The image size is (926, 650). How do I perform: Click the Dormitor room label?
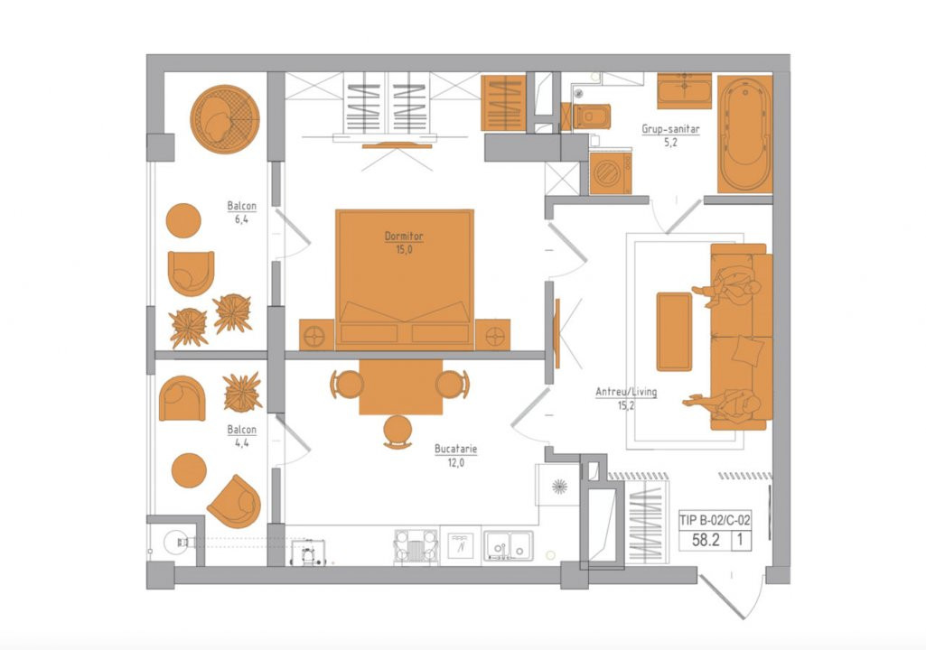(x=404, y=237)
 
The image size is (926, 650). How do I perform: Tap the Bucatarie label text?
(x=456, y=449)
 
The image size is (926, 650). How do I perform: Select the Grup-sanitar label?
(x=670, y=129)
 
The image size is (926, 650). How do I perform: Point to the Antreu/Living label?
(x=626, y=392)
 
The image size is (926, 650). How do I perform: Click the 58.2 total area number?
(x=706, y=540)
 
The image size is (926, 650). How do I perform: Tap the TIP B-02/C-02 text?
(x=716, y=520)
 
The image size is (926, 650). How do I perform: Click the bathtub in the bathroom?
(x=744, y=134)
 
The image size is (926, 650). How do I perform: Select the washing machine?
(x=610, y=172)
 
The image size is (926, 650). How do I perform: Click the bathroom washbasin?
(x=685, y=91)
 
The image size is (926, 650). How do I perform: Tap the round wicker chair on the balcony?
(x=225, y=119)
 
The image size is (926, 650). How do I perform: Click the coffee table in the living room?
(x=674, y=331)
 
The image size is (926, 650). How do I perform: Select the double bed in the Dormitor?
(x=405, y=279)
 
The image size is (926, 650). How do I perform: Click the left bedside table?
(x=316, y=335)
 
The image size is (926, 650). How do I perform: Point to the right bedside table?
(x=492, y=335)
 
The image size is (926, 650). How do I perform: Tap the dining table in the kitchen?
(x=401, y=386)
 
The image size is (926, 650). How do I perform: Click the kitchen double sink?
(x=509, y=545)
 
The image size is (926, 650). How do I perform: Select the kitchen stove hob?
(x=416, y=545)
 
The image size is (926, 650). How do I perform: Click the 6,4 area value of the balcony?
(x=241, y=219)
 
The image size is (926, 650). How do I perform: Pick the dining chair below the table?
(x=398, y=432)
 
